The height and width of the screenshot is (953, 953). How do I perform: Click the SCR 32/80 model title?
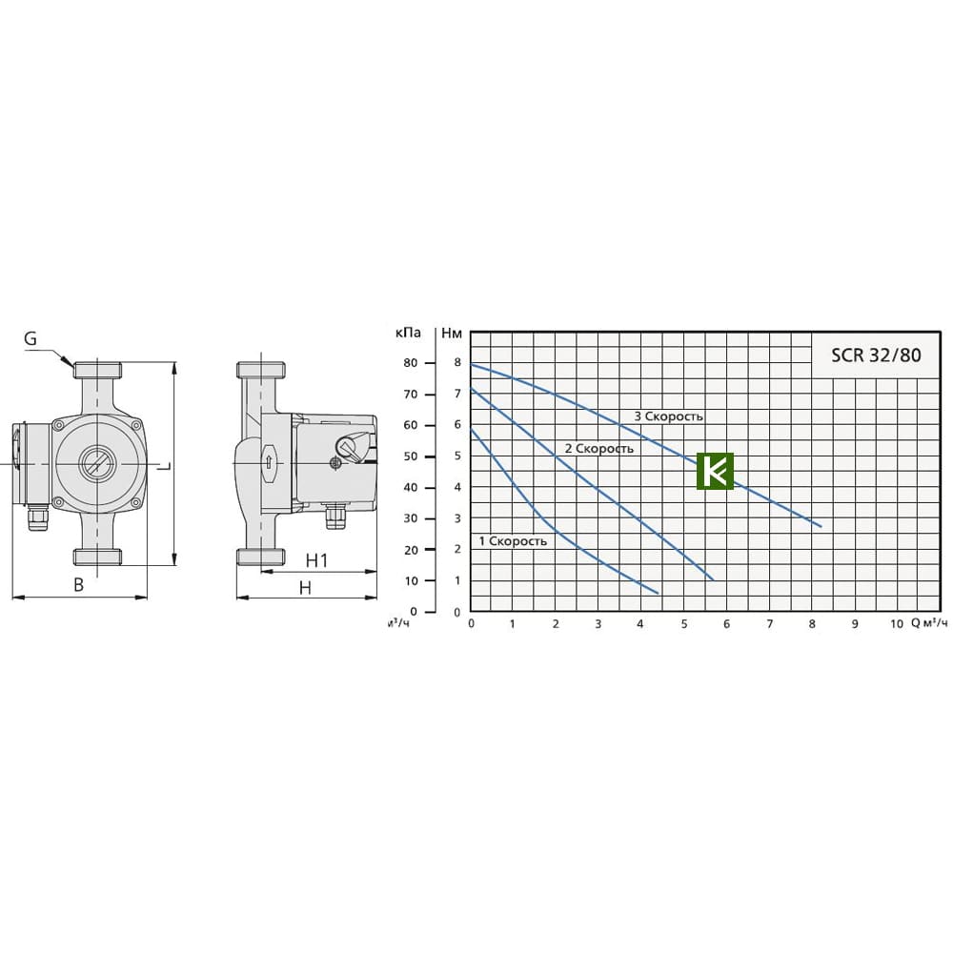876,355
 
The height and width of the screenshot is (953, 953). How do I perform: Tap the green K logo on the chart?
716,471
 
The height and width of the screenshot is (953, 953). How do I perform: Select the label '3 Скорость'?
669,416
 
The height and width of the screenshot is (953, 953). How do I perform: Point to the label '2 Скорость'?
599,449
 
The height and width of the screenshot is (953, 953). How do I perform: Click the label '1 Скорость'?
513,541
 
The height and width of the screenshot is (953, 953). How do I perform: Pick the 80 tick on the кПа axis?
410,363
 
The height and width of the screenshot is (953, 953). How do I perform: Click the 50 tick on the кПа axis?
410,456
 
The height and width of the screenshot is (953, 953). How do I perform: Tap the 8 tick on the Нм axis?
457,363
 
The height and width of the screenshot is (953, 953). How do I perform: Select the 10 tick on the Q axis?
897,623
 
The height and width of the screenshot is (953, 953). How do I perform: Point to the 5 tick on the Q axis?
684,623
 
